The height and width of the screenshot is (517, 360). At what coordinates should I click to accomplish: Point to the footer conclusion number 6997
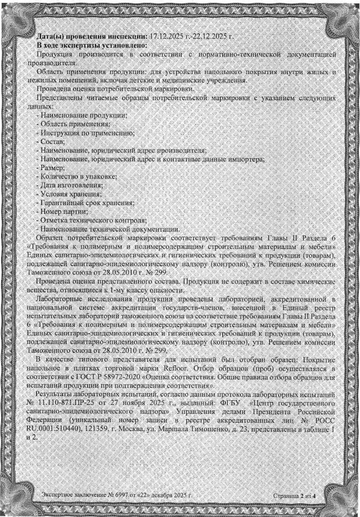(x=114, y=493)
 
